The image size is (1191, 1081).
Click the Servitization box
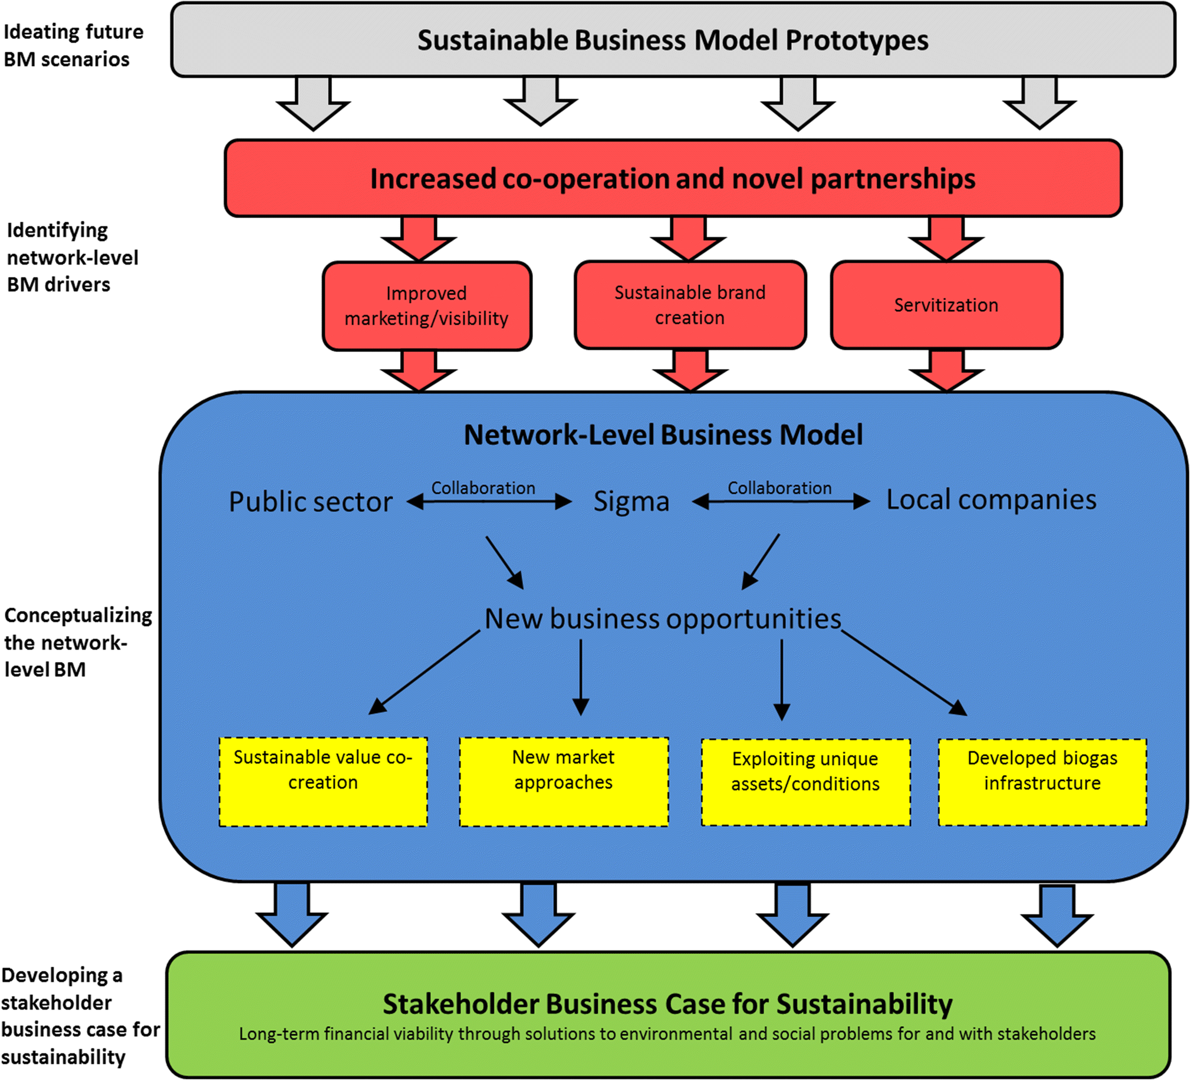pyautogui.click(x=946, y=305)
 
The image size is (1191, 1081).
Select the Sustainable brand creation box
pyautogui.click(x=689, y=305)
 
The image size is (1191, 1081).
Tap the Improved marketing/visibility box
pyautogui.click(x=426, y=306)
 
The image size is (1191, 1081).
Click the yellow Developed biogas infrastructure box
pyautogui.click(x=1042, y=782)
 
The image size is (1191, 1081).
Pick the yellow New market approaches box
pyautogui.click(x=564, y=781)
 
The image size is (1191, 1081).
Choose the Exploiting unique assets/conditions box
pyautogui.click(x=805, y=782)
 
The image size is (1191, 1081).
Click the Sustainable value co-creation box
pyautogui.click(x=323, y=781)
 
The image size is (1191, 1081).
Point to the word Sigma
pyautogui.click(x=631, y=502)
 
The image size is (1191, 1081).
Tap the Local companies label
pyautogui.click(x=991, y=500)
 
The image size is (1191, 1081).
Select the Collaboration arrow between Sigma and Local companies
pyautogui.click(x=780, y=502)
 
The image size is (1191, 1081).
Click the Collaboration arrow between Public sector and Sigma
pyautogui.click(x=489, y=502)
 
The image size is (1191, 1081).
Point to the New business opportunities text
pyautogui.click(x=662, y=619)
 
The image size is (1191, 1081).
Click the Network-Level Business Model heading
pyautogui.click(x=663, y=435)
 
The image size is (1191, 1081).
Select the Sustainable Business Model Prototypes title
pyautogui.click(x=672, y=41)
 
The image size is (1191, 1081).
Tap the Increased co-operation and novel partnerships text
pyautogui.click(x=672, y=179)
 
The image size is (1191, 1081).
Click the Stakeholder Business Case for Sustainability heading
pyautogui.click(x=667, y=1004)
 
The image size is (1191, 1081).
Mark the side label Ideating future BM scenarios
pyautogui.click(x=73, y=45)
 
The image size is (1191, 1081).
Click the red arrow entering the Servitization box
pyautogui.click(x=946, y=239)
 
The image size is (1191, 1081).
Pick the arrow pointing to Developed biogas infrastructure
pyautogui.click(x=904, y=673)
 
